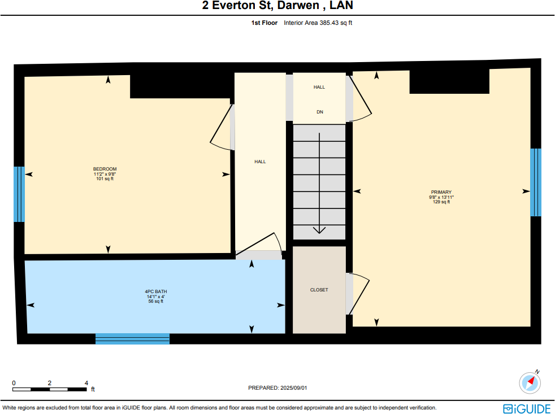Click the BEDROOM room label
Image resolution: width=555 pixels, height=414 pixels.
pyautogui.click(x=105, y=169)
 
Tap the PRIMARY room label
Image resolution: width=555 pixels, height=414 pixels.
pyautogui.click(x=441, y=192)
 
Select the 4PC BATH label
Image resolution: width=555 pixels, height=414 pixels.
pyautogui.click(x=155, y=292)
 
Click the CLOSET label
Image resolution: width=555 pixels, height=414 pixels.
pyautogui.click(x=319, y=290)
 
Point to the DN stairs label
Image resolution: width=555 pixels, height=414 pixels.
pyautogui.click(x=319, y=112)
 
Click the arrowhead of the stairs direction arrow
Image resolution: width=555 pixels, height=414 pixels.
pyautogui.click(x=319, y=229)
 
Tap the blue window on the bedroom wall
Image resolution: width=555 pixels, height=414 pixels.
pyautogui.click(x=19, y=194)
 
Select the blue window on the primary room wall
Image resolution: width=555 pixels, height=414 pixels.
pyautogui.click(x=535, y=182)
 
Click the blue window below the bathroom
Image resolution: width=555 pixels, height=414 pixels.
pyautogui.click(x=132, y=338)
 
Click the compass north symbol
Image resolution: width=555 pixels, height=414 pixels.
pyautogui.click(x=530, y=382)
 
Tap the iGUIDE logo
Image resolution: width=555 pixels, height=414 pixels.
pyautogui.click(x=526, y=408)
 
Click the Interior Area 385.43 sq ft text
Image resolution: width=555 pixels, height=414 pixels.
pyautogui.click(x=318, y=23)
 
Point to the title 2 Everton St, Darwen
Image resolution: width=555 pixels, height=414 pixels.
pyautogui.click(x=277, y=7)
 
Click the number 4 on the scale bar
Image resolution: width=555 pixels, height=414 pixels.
pyautogui.click(x=86, y=383)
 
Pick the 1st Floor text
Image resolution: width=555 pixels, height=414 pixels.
pyautogui.click(x=265, y=23)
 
